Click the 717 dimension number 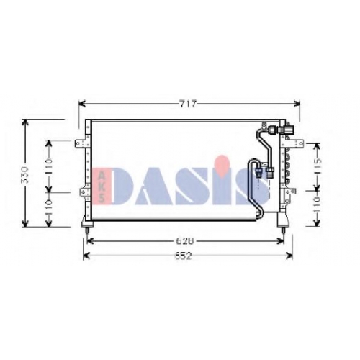(188, 104)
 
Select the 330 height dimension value (25, 175)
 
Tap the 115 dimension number (318, 166)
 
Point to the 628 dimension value (185, 241)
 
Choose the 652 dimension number (184, 256)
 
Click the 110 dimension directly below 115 (318, 204)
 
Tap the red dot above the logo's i (222, 163)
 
